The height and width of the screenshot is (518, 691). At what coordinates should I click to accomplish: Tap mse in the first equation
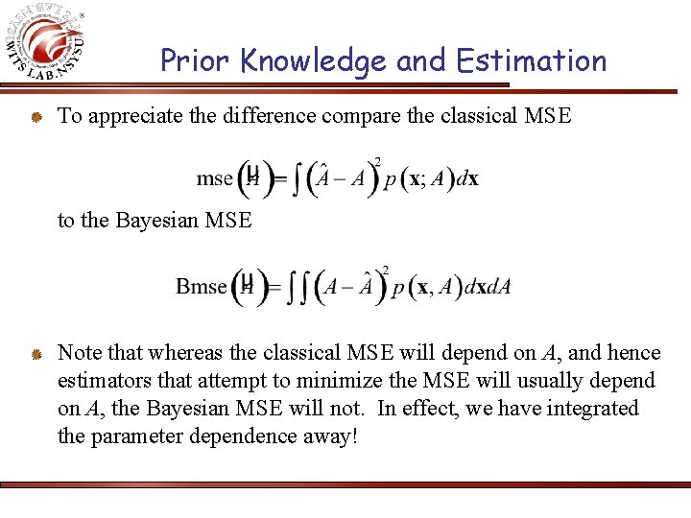pos(214,178)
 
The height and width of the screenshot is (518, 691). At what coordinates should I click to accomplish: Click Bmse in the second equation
pos(202,286)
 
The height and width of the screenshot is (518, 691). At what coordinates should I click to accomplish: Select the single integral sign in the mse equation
pos(299,179)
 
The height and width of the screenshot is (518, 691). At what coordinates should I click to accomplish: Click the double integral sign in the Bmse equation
pos(300,287)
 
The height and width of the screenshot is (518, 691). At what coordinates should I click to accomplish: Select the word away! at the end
pos(329,436)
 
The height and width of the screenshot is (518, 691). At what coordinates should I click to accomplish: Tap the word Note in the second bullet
pos(80,354)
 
